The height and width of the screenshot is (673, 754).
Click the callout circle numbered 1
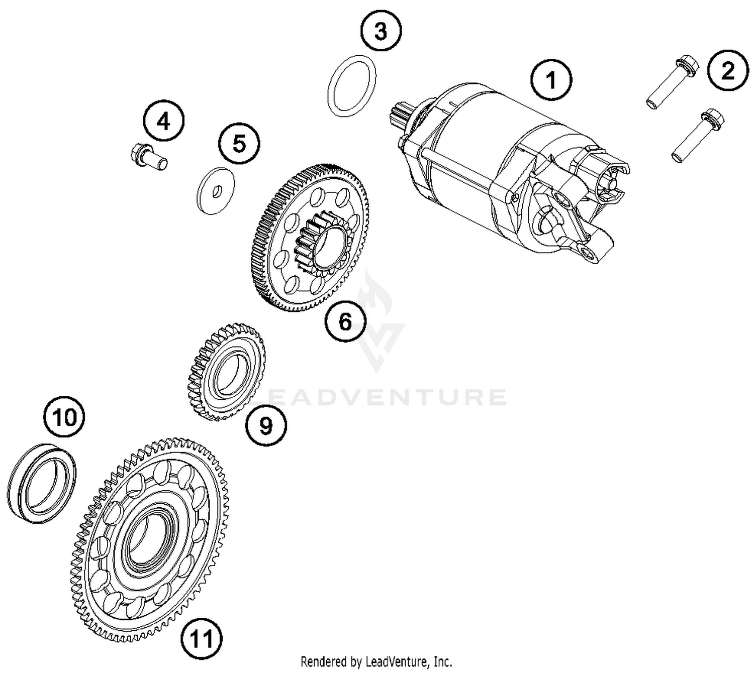point(551,80)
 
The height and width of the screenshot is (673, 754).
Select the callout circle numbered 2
point(727,71)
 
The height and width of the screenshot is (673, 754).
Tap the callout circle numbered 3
point(381,31)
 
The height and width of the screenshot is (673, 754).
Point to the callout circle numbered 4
point(163,121)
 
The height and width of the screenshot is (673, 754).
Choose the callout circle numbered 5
point(239,143)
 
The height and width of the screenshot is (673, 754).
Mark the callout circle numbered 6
point(345,321)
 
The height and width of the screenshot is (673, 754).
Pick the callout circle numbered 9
point(266,426)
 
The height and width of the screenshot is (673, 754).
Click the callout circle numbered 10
point(64,417)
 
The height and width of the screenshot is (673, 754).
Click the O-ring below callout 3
point(352,85)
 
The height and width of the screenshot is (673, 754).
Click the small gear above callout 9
point(227,372)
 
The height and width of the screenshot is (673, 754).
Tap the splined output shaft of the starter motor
point(400,116)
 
